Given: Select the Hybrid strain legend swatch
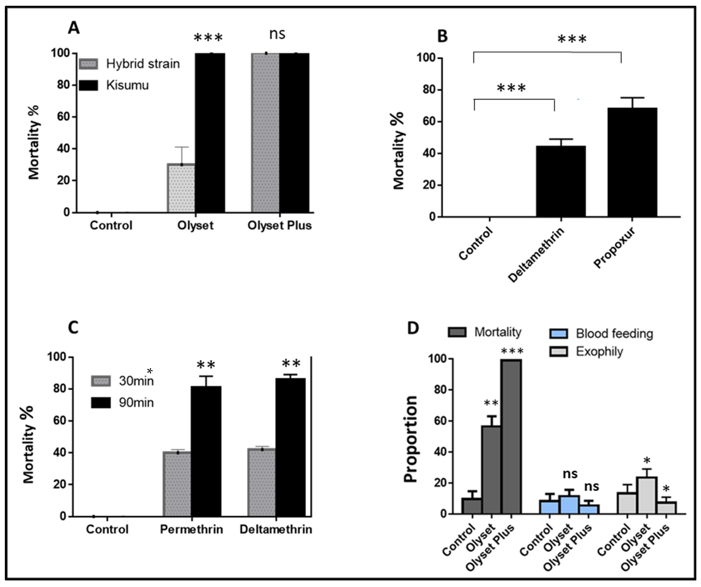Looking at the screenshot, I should point(89,64).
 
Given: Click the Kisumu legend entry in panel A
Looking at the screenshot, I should point(127,85).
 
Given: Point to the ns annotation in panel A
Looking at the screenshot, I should point(277,34).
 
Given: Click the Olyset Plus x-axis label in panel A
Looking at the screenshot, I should point(279,225).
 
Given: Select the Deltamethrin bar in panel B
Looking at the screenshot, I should point(561,182).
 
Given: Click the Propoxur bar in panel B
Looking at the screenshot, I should point(632,162).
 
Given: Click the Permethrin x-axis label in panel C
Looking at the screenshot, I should point(191,529).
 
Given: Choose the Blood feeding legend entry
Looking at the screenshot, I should point(614,333).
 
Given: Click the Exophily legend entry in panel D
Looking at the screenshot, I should point(599,352).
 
